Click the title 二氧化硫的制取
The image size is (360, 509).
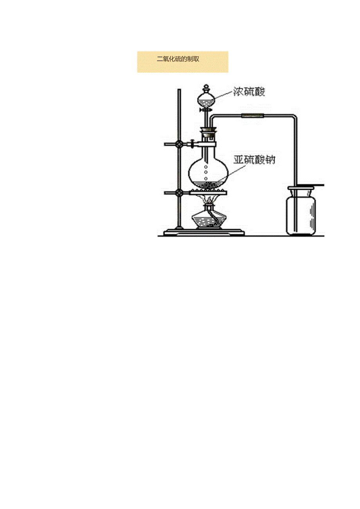(178, 59)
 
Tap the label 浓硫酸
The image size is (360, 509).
(249, 92)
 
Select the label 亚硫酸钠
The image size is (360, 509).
(254, 160)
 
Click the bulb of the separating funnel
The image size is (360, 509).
(207, 100)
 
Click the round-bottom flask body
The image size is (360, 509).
(207, 172)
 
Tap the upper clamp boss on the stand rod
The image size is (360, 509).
(179, 144)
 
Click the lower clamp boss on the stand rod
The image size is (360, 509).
(179, 192)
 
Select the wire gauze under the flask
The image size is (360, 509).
(207, 192)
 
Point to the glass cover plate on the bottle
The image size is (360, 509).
(309, 184)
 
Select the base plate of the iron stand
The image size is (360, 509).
(203, 233)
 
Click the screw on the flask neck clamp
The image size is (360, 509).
(192, 144)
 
